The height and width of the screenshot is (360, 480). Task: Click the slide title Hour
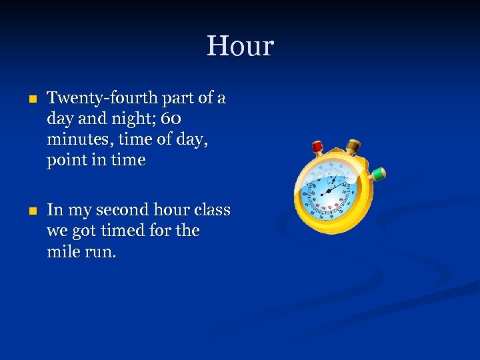(240, 47)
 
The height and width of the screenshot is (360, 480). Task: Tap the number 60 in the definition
(171, 119)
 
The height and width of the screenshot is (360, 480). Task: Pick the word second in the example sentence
(122, 211)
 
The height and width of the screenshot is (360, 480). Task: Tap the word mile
(64, 252)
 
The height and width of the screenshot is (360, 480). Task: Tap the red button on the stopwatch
(318, 147)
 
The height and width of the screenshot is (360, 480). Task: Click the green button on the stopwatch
(378, 174)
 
